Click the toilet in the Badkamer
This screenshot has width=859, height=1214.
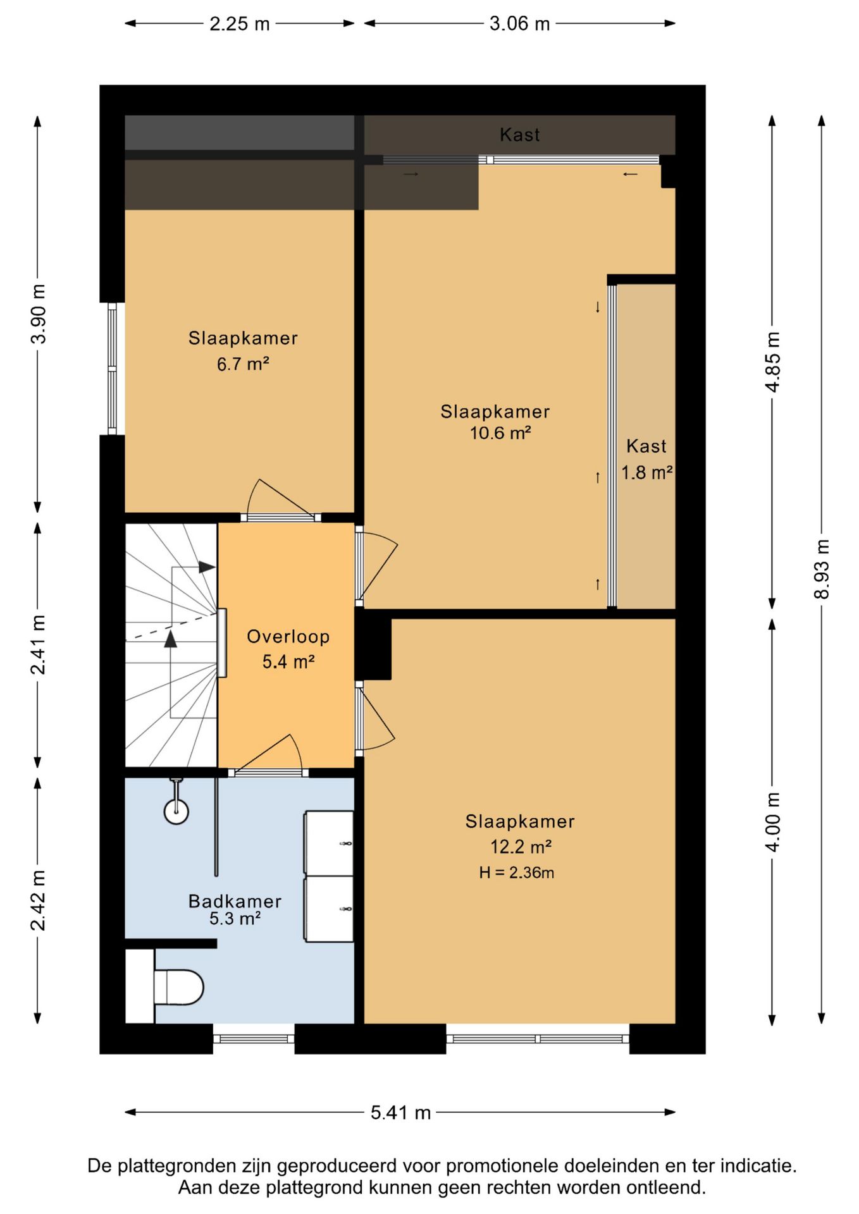tap(178, 987)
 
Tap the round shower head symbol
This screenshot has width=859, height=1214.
tap(176, 811)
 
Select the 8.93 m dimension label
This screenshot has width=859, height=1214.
tap(821, 569)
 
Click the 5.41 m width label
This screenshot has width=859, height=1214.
tap(400, 1112)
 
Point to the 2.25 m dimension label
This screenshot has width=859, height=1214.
tap(240, 24)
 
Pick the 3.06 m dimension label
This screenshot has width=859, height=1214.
tap(519, 24)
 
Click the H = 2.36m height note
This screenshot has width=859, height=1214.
tap(516, 873)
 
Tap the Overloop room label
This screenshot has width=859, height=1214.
tap(288, 636)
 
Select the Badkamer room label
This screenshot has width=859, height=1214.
tap(235, 901)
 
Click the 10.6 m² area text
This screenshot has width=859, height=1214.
tap(500, 433)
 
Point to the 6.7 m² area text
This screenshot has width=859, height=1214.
tap(243, 364)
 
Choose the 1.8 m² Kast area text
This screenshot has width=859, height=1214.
tap(646, 472)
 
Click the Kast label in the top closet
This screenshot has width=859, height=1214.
tap(520, 135)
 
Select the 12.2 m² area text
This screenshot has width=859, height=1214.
tap(521, 846)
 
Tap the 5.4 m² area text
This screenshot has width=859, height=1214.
tap(288, 661)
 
